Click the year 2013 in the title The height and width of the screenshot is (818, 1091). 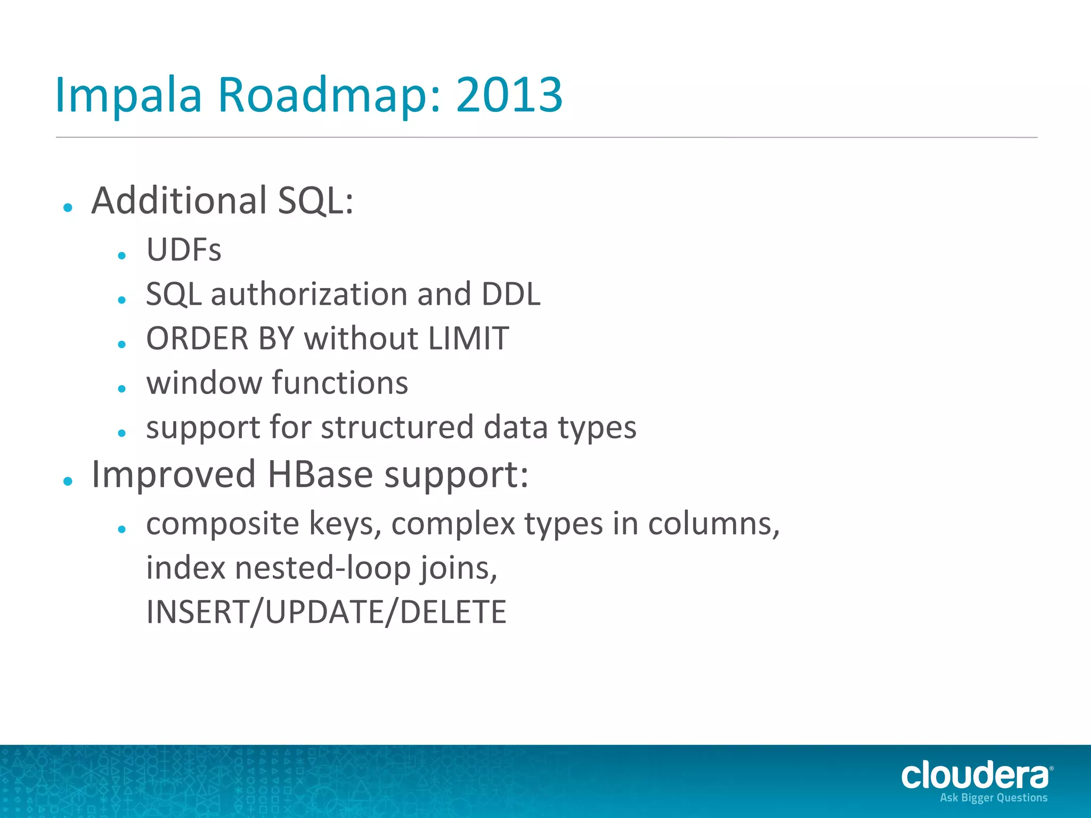509,95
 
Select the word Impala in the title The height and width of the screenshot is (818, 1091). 128,95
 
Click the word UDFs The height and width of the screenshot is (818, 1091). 184,250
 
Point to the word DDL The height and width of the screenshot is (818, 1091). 510,294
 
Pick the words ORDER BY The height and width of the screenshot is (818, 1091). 220,338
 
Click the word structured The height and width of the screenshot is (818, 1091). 397,427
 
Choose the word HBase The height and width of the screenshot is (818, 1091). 320,474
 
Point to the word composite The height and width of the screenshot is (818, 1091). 223,524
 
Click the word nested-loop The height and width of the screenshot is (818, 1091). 323,568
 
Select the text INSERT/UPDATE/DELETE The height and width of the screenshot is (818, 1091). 326,612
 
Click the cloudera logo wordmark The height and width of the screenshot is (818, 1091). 974,775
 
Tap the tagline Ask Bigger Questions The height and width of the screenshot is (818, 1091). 994,798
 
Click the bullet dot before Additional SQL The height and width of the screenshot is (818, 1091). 68,207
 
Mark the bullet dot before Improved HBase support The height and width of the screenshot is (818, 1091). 68,481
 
